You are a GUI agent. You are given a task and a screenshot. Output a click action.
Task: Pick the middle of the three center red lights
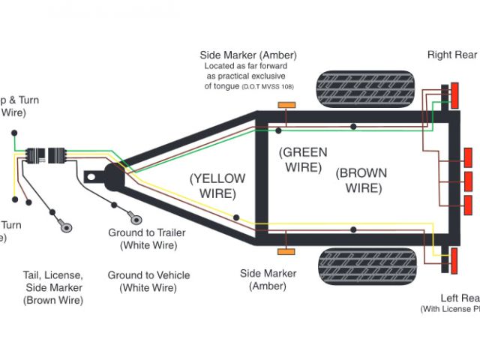pyautogui.click(x=469, y=181)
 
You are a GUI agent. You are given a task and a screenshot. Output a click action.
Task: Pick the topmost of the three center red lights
pyautogui.click(x=469, y=157)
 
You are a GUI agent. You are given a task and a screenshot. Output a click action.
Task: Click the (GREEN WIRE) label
pyautogui.click(x=304, y=159)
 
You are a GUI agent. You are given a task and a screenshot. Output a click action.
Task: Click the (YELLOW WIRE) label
pyautogui.click(x=217, y=185)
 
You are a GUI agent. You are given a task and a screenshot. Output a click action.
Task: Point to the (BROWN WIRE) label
pyautogui.click(x=362, y=180)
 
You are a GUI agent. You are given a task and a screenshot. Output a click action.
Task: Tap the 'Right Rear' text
pyautogui.click(x=452, y=55)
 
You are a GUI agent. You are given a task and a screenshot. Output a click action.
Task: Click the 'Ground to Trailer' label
pyautogui.click(x=147, y=239)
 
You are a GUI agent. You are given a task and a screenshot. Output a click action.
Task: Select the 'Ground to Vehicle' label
pyautogui.click(x=148, y=281)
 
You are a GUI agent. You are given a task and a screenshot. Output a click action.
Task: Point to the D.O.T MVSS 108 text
pyautogui.click(x=268, y=87)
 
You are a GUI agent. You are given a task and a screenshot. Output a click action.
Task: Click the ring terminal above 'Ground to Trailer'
pyautogui.click(x=136, y=218)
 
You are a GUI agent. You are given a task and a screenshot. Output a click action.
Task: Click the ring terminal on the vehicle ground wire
pyautogui.click(x=65, y=223)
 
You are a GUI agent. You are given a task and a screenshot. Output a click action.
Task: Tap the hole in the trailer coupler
pyautogui.click(x=92, y=178)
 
